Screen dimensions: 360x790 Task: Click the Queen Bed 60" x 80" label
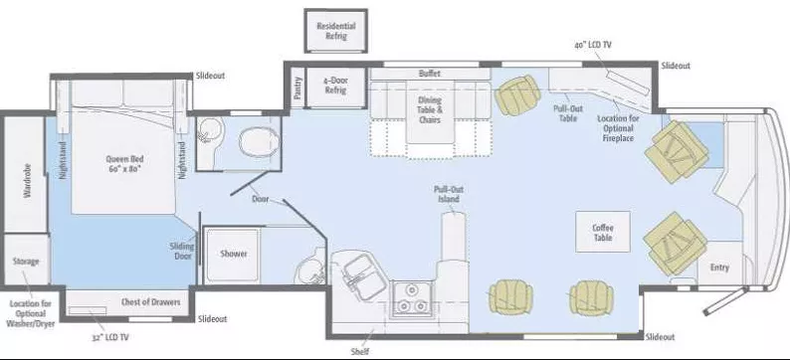(x=124, y=163)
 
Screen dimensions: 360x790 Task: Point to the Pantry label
(x=296, y=87)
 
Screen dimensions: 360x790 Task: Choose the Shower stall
(x=234, y=253)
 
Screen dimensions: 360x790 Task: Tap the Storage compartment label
(x=26, y=262)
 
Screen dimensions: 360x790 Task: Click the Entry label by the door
(x=718, y=267)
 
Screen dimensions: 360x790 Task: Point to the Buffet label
(x=430, y=73)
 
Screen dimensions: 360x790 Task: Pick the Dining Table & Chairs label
(x=430, y=109)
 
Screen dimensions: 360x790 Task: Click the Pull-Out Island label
(x=448, y=194)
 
